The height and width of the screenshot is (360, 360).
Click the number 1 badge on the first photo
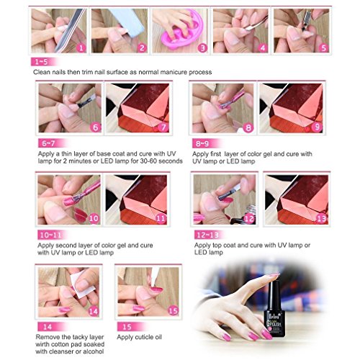(x=81, y=48)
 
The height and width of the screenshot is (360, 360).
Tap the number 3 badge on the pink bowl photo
(x=203, y=48)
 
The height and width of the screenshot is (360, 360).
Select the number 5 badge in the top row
(x=324, y=48)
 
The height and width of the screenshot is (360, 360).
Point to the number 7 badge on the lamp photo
(x=163, y=127)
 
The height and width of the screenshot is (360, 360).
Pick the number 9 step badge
(x=317, y=127)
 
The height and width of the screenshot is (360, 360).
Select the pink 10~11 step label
(x=51, y=235)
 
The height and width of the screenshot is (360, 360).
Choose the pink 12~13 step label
(x=208, y=235)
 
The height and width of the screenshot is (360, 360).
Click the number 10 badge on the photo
(x=94, y=218)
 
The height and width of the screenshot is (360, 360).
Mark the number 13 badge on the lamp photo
(x=322, y=218)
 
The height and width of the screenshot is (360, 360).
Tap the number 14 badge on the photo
(x=94, y=311)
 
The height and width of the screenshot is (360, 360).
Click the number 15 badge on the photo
(x=174, y=311)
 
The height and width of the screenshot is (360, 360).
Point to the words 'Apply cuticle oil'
(x=140, y=337)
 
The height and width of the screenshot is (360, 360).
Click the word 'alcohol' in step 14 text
(x=94, y=351)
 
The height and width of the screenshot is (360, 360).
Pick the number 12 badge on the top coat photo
(x=249, y=218)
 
